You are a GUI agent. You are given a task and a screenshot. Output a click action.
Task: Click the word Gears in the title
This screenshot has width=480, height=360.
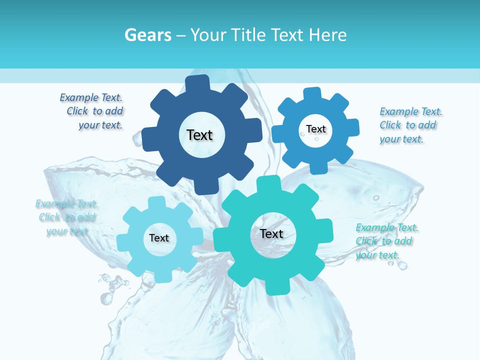148,35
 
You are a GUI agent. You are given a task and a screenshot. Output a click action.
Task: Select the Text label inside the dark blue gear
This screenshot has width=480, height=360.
199,135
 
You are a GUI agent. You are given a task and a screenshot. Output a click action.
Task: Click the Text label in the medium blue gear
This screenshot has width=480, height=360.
315,129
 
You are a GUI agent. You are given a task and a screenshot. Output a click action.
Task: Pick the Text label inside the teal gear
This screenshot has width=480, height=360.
271,233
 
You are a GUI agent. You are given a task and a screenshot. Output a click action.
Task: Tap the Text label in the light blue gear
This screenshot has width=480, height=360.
158,238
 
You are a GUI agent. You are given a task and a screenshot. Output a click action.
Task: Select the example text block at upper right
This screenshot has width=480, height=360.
410,125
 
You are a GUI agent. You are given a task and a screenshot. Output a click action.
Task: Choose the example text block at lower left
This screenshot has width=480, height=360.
66,217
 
